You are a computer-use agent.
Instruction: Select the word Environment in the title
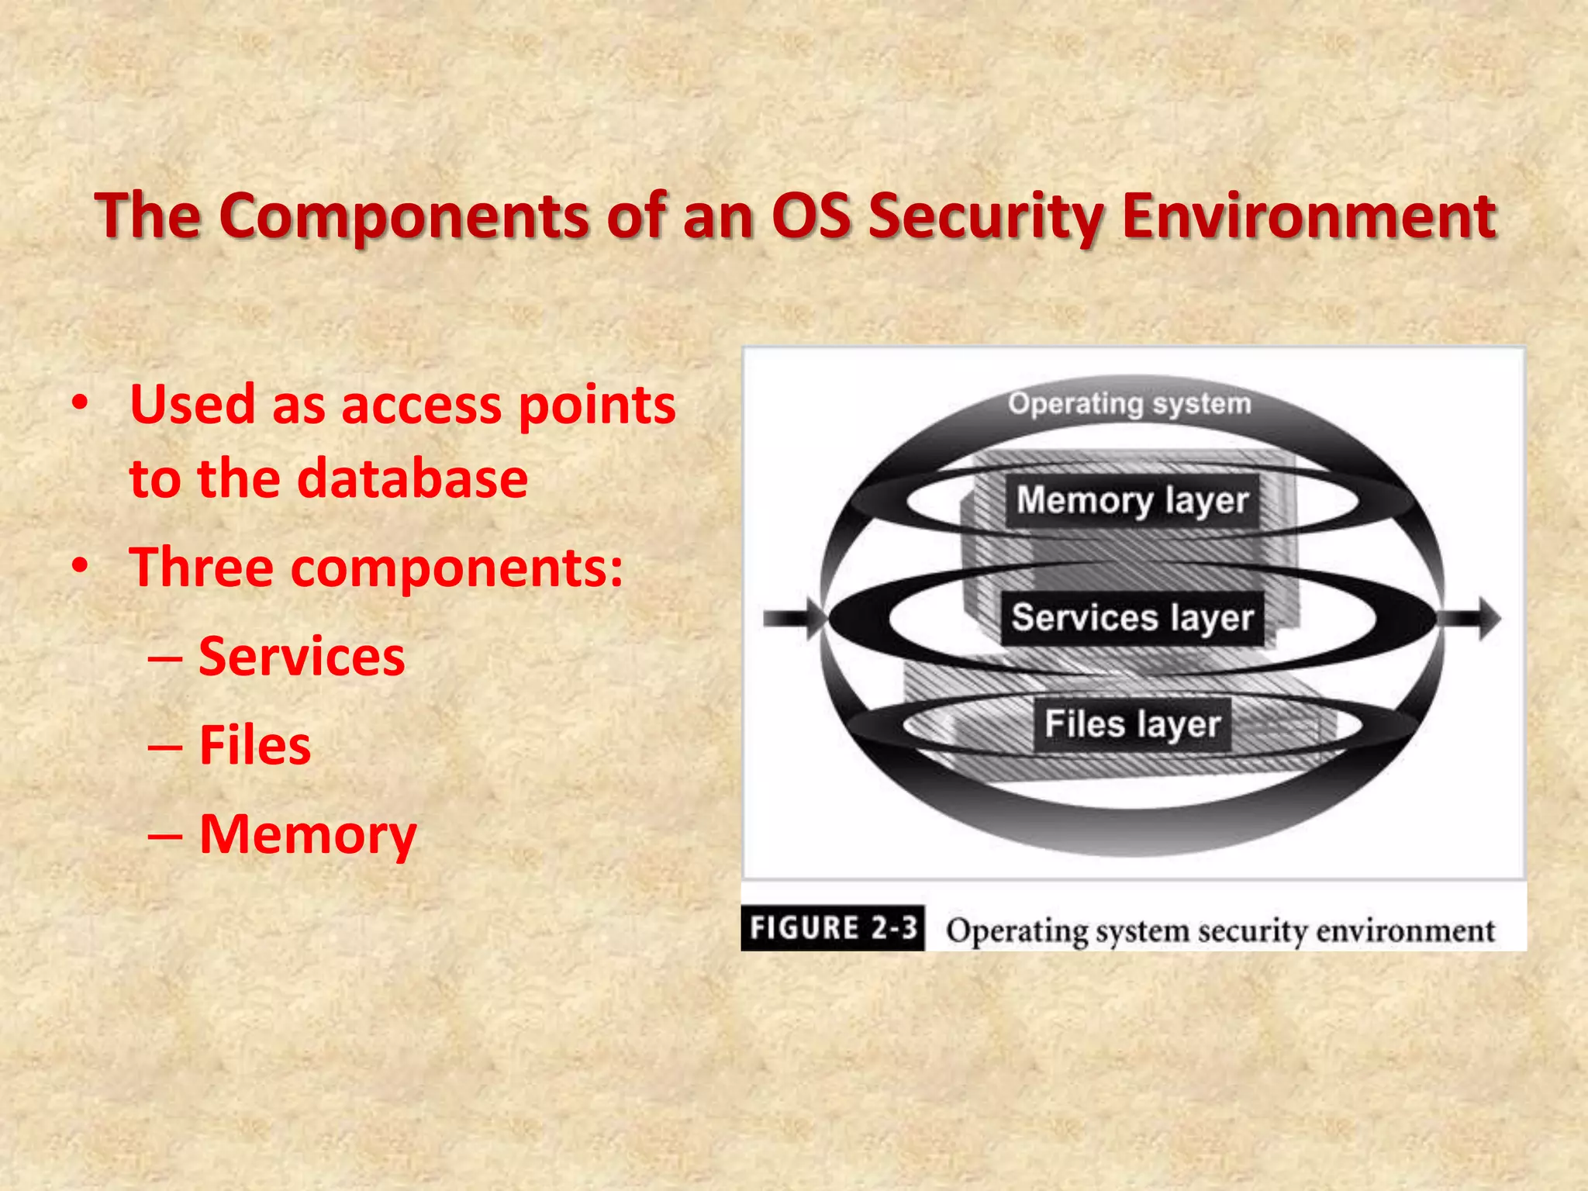[1309, 216]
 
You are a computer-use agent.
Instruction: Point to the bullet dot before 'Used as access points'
[79, 404]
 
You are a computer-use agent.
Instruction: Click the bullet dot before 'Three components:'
[79, 567]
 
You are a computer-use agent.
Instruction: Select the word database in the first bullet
[413, 478]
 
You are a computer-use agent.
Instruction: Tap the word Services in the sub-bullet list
[302, 656]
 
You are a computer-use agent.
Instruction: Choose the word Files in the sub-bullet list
[255, 745]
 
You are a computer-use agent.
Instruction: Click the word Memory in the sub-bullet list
[308, 835]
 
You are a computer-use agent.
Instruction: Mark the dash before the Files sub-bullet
[165, 747]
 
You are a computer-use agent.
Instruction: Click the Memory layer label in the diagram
[1132, 501]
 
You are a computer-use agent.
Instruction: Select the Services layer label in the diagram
[1132, 618]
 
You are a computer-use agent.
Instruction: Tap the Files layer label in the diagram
[1132, 724]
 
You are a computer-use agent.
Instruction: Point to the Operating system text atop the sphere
[1129, 403]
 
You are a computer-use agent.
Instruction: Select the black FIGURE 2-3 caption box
[833, 927]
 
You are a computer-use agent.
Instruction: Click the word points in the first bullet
[597, 406]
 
